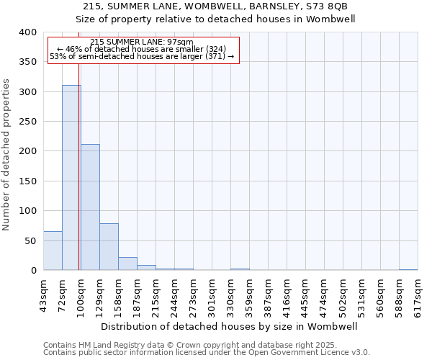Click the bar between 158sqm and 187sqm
pos(127,264)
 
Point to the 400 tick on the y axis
pos(27,32)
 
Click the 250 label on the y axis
pos(27,122)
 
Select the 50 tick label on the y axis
pos(30,240)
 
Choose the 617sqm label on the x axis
pos(418,294)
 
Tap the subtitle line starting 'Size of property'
pos(216,19)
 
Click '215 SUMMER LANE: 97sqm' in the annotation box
pos(143,42)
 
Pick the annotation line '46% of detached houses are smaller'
pos(143,49)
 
